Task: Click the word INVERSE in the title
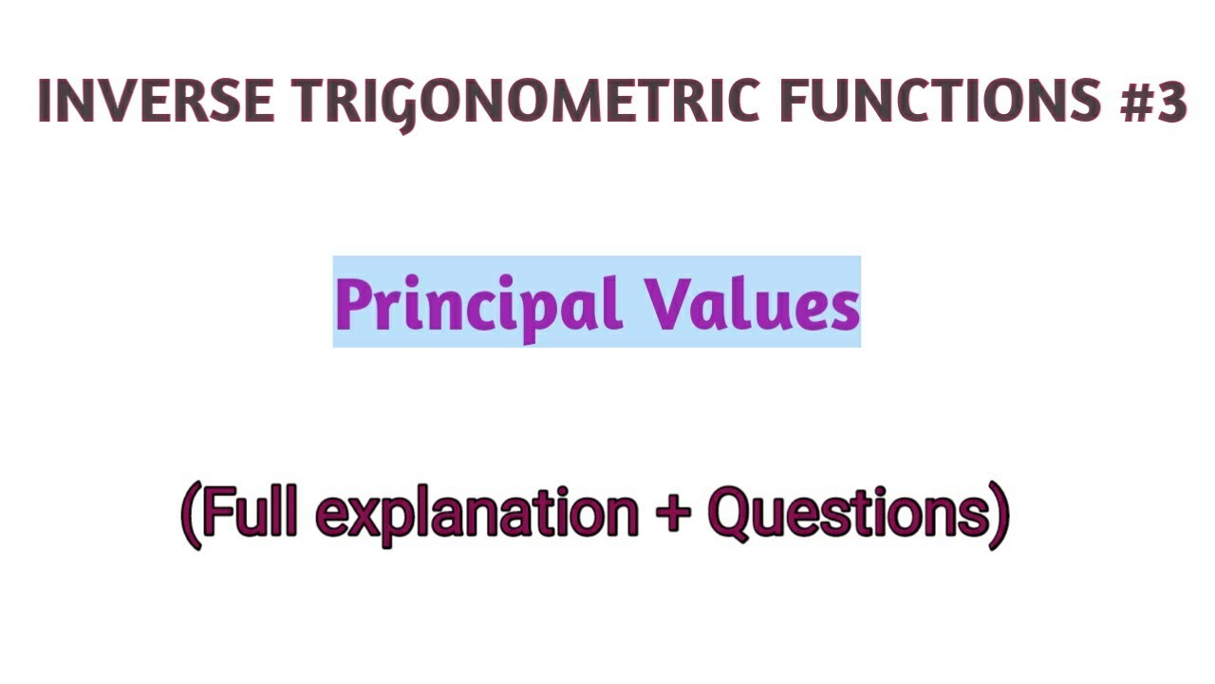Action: click(157, 102)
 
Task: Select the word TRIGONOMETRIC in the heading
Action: click(527, 102)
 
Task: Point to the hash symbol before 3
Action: click(1133, 102)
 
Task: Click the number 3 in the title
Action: click(1170, 102)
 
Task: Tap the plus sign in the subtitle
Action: click(673, 515)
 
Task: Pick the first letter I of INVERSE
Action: click(44, 102)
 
